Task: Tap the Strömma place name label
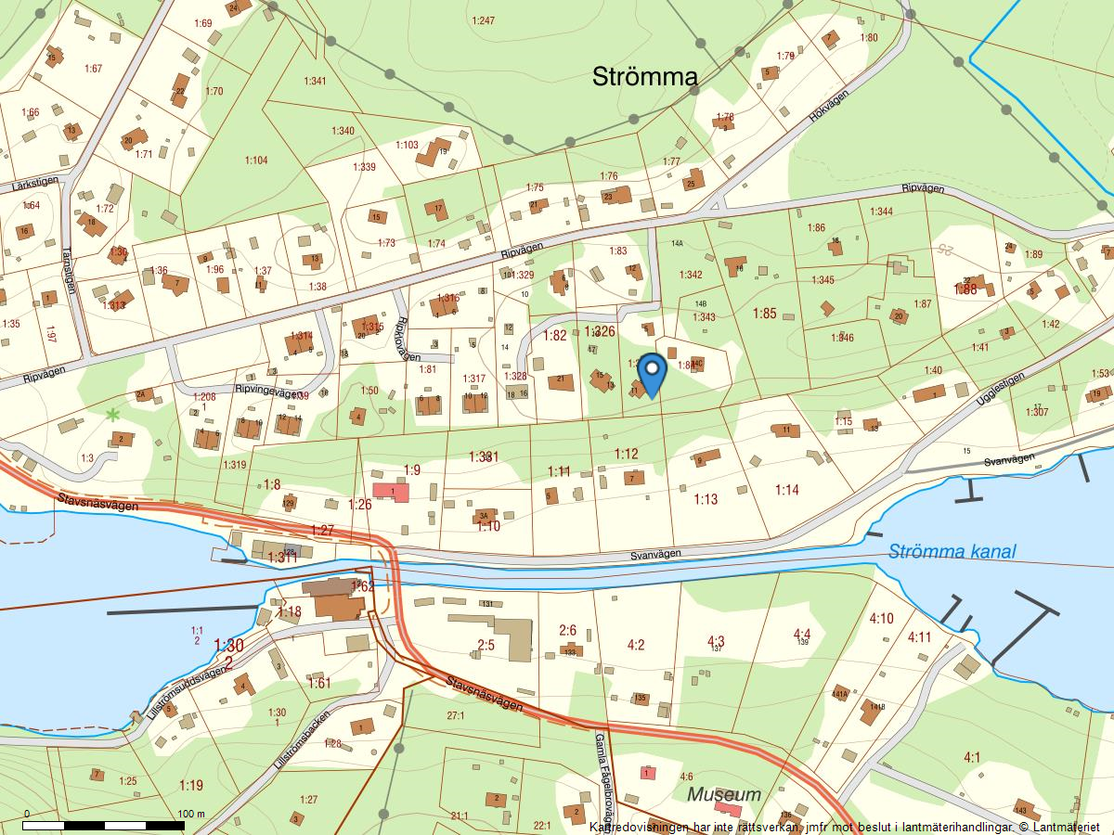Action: click(x=644, y=77)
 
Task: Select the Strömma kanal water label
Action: click(x=952, y=552)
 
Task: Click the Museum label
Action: click(x=724, y=794)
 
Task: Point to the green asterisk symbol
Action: click(x=113, y=415)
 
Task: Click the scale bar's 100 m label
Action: click(x=190, y=814)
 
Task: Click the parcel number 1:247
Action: click(x=483, y=19)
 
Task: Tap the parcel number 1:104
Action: click(x=256, y=161)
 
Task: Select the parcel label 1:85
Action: click(x=764, y=314)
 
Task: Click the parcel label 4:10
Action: click(x=881, y=619)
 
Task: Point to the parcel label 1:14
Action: click(x=787, y=490)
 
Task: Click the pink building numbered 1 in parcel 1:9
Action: click(x=391, y=492)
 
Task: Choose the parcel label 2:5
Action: click(x=486, y=644)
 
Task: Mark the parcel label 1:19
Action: click(x=190, y=785)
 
